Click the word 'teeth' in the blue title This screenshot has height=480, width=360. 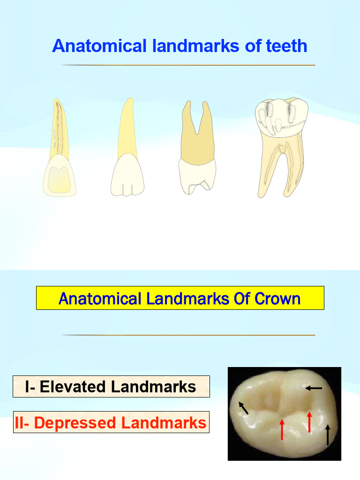coord(286,46)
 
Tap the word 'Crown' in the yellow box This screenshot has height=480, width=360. coord(277,299)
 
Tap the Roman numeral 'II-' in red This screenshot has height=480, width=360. coord(22,423)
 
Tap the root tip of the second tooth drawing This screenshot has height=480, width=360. coord(130,100)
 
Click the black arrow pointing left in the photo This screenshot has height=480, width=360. coord(314,388)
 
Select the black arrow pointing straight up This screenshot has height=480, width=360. coord(328,435)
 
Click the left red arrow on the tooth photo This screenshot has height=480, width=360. coord(282,429)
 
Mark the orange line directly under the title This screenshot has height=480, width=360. coord(187,65)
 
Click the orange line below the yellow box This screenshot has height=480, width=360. coord(187,335)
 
